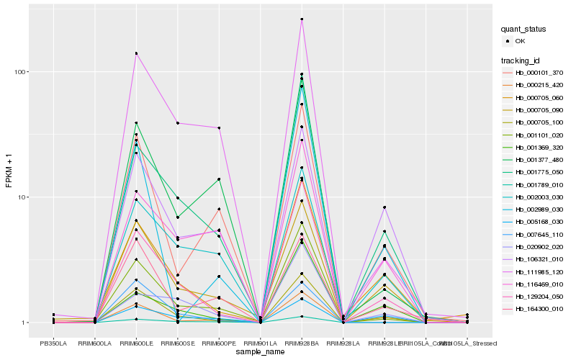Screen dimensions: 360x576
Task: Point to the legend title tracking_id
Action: pyautogui.click(x=521, y=60)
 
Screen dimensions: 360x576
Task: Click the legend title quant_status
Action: pyautogui.click(x=524, y=29)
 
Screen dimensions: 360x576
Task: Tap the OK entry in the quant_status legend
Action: pyautogui.click(x=520, y=41)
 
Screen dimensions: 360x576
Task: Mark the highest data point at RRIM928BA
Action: pyautogui.click(x=302, y=19)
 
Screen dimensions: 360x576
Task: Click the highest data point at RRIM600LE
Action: pyautogui.click(x=136, y=53)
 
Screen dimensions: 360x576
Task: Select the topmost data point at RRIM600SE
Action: pyautogui.click(x=177, y=123)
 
